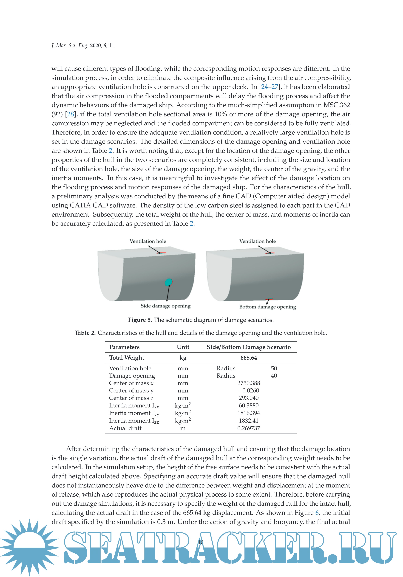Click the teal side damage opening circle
[168, 282]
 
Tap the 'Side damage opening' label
[165, 306]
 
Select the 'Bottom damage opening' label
[267, 307]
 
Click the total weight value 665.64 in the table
[249, 358]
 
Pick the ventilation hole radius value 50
[274, 368]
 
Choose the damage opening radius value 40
[274, 376]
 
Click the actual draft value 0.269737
[249, 428]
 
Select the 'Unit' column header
[183, 347]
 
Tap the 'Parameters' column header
[124, 347]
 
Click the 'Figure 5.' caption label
[140, 320]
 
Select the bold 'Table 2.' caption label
[85, 333]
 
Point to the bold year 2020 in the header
[95, 45]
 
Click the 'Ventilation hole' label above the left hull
[148, 241]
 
